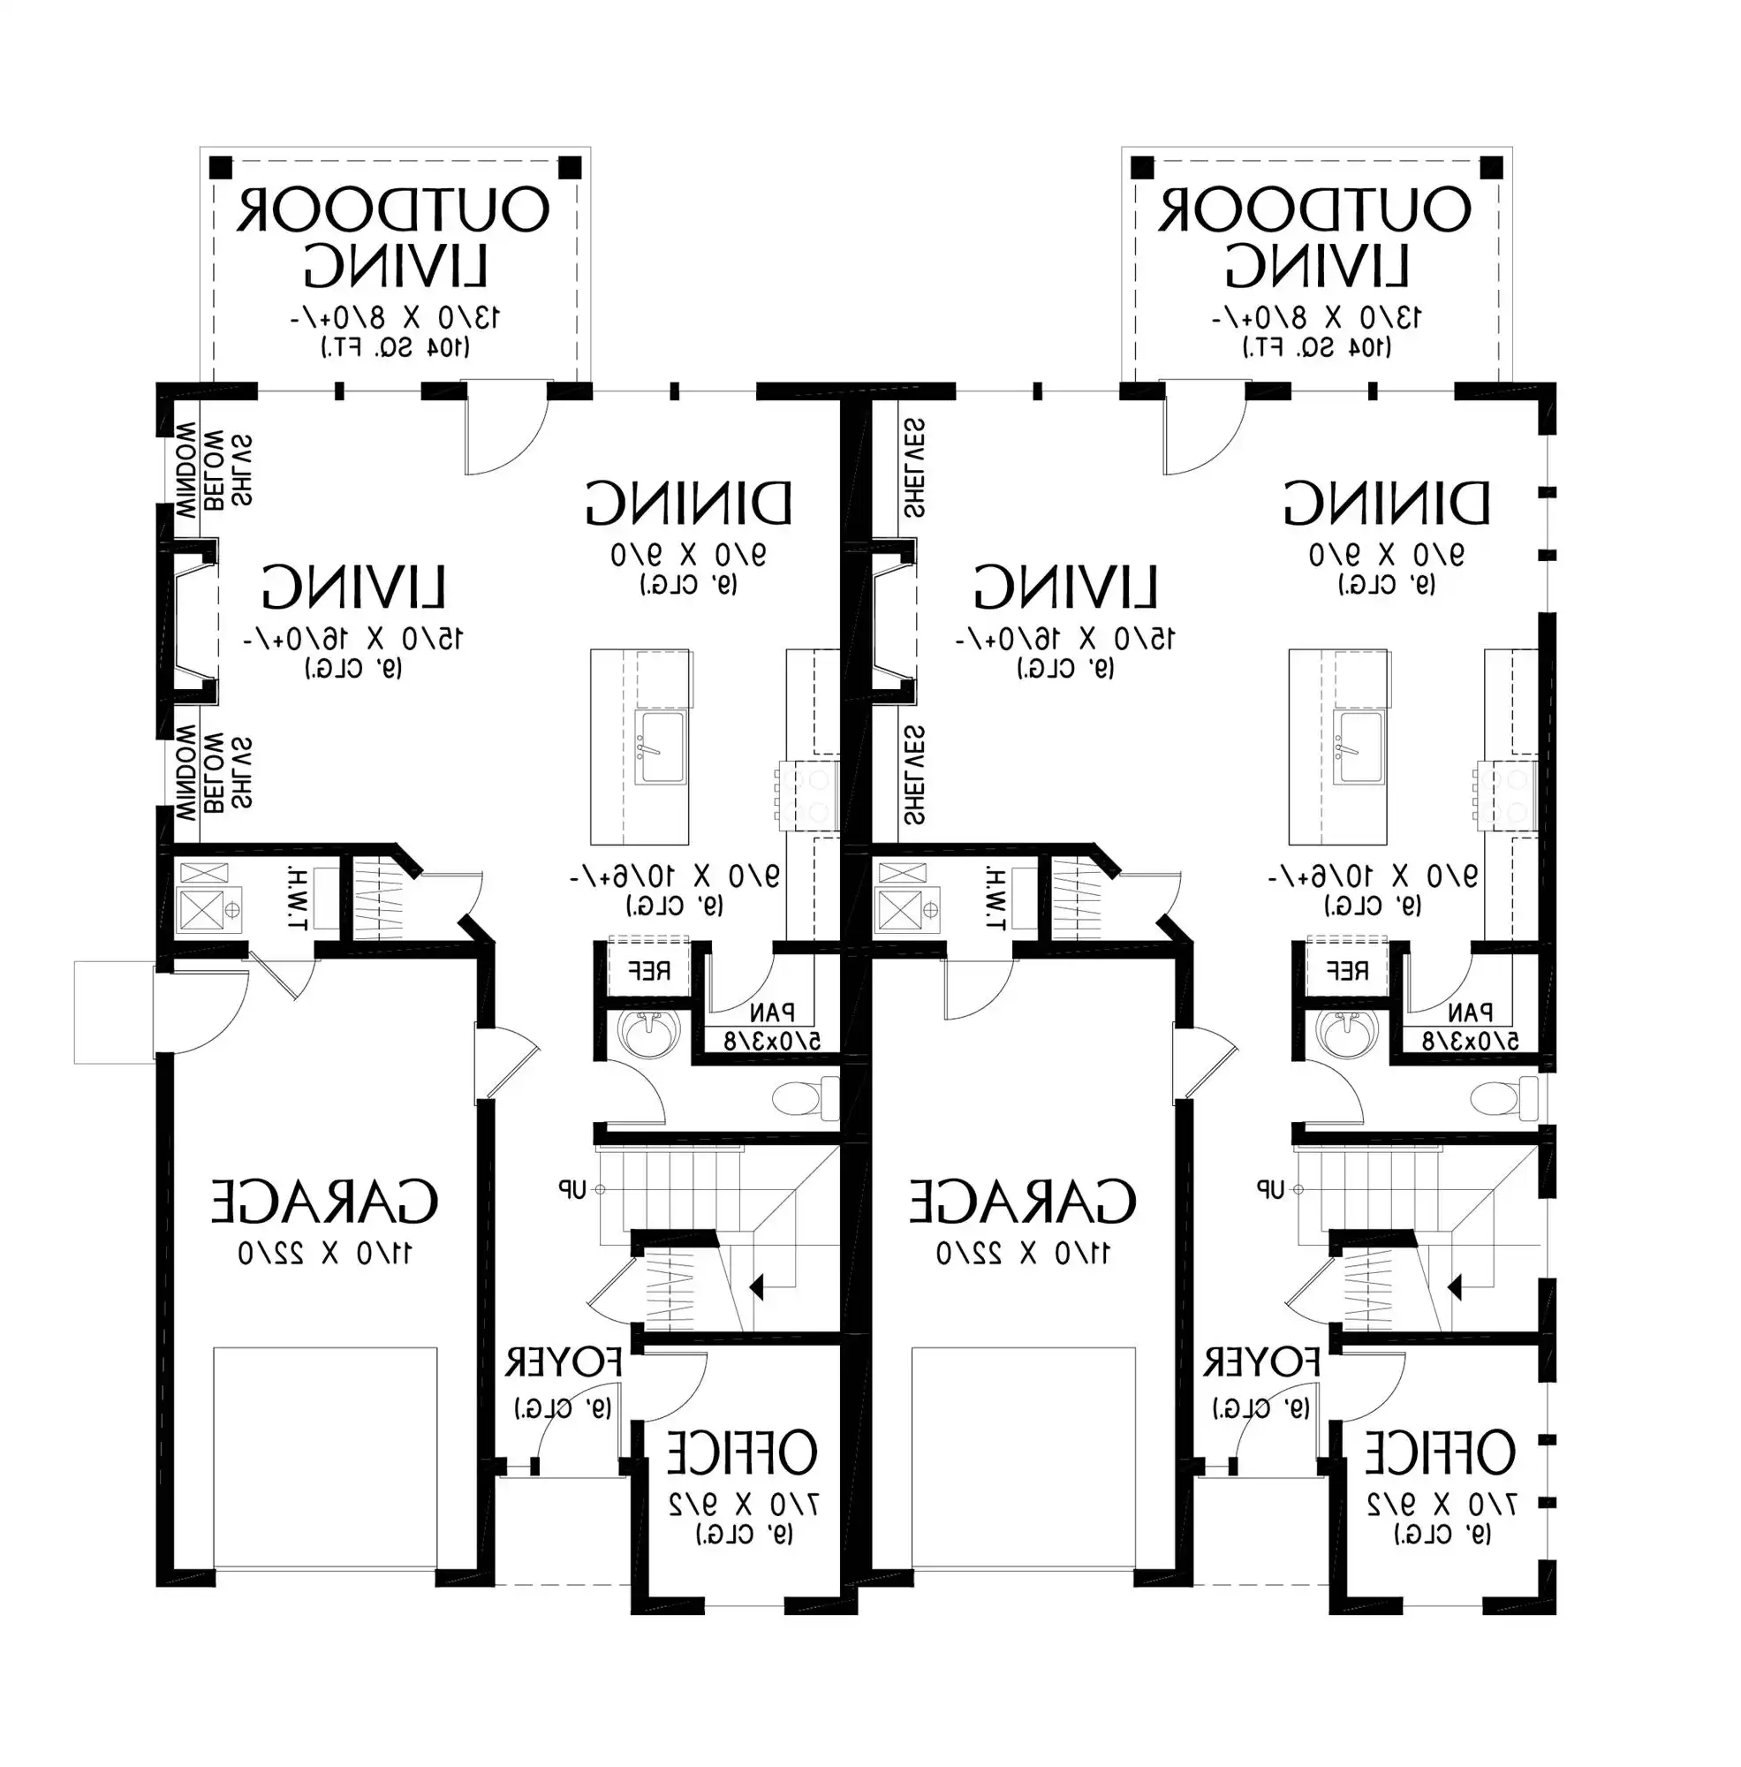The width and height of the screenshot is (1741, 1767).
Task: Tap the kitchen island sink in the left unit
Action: click(660, 747)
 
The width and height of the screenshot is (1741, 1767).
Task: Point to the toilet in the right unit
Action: click(1504, 1097)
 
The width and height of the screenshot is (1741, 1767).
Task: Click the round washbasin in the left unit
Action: click(649, 1032)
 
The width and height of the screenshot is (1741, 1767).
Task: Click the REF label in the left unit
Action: click(648, 970)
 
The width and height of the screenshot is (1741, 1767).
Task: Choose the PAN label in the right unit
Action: click(1470, 1012)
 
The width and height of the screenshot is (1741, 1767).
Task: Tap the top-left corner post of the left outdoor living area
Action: click(220, 167)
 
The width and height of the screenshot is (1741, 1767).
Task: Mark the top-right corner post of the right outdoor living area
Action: click(1491, 167)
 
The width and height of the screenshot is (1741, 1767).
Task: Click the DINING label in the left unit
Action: click(688, 503)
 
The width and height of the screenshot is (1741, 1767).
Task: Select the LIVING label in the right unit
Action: click(1065, 588)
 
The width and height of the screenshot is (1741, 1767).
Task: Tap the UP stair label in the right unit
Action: click(1271, 1189)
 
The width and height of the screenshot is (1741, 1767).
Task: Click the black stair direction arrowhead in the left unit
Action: click(756, 1288)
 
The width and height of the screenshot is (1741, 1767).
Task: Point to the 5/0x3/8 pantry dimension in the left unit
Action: click(772, 1041)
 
